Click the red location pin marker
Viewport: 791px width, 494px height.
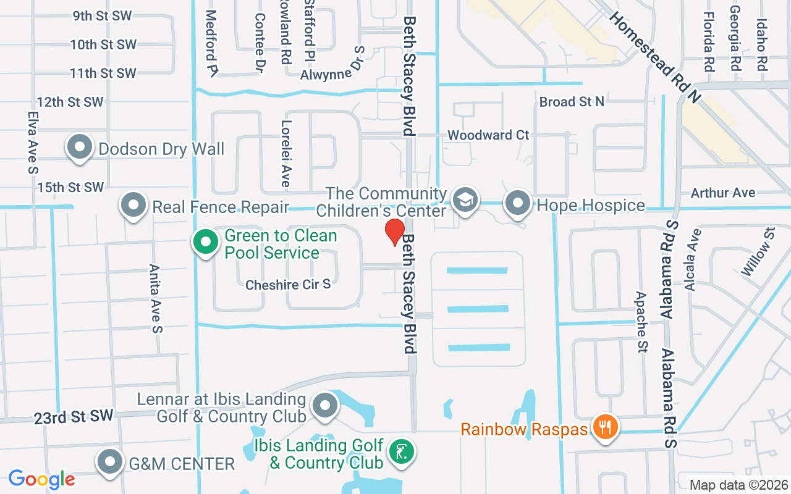tap(395, 232)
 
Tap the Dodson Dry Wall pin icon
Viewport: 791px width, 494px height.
tap(80, 148)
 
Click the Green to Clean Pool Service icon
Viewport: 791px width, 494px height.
tap(206, 242)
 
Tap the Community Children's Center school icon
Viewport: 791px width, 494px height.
tap(465, 200)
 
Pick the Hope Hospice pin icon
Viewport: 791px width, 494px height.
tap(518, 203)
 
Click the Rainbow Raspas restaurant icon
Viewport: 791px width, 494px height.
tap(606, 427)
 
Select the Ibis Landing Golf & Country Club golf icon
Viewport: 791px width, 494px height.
tap(402, 453)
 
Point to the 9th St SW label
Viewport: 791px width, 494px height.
tap(103, 16)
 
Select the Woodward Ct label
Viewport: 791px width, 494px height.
tap(488, 135)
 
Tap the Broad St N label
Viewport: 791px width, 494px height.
tap(572, 101)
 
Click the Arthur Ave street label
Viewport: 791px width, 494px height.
tap(723, 193)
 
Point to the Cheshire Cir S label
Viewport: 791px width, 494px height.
tap(288, 285)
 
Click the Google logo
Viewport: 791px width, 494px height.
tap(41, 479)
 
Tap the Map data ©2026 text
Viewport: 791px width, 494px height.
tap(738, 485)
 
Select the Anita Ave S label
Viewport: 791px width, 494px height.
tap(155, 298)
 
